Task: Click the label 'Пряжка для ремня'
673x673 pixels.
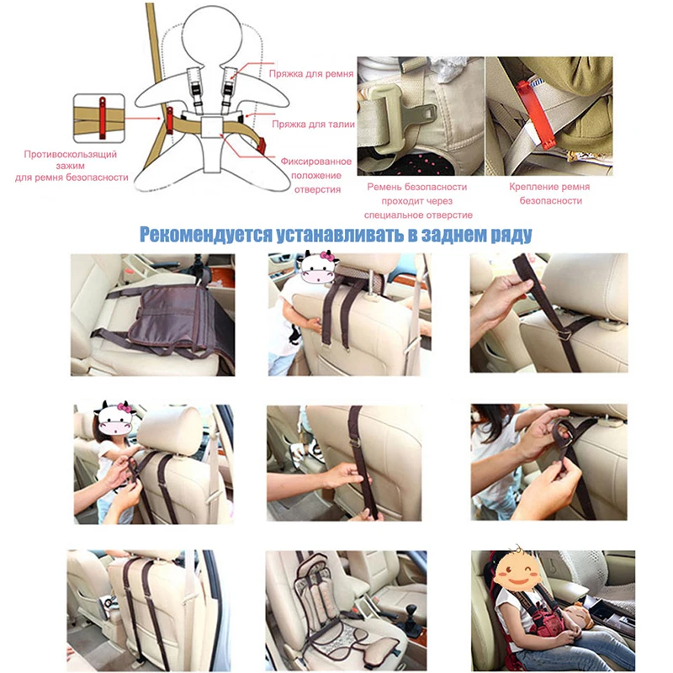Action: pyautogui.click(x=310, y=74)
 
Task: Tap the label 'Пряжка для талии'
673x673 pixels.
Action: pyautogui.click(x=313, y=125)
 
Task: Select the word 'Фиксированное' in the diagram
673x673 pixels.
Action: pyautogui.click(x=316, y=162)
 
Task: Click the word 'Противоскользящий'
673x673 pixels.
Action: pyautogui.click(x=71, y=155)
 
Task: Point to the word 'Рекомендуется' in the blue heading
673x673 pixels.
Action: pyautogui.click(x=205, y=235)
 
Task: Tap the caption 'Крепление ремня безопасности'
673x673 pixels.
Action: pyautogui.click(x=549, y=193)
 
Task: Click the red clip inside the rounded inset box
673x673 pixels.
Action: pyautogui.click(x=103, y=118)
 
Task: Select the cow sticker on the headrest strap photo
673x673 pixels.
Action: pyautogui.click(x=319, y=268)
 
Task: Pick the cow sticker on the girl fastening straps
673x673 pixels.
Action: pyautogui.click(x=114, y=417)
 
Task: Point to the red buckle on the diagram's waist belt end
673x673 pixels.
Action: pyautogui.click(x=262, y=146)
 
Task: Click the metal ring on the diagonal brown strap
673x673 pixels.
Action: pyautogui.click(x=565, y=334)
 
